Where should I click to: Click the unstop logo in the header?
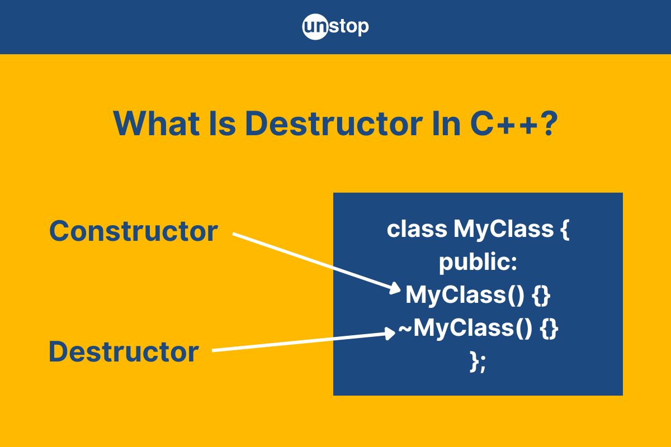coord(335,27)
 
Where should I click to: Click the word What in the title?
coord(156,123)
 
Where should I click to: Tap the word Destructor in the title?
coord(334,123)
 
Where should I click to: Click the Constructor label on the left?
coord(133,231)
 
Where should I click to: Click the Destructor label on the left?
coord(124,351)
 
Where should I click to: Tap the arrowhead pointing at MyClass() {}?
coord(395,288)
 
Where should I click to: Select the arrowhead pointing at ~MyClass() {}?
coord(390,333)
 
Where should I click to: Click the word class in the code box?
coord(417,229)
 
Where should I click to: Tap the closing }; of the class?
coord(478,362)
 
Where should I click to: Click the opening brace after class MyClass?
coord(564,229)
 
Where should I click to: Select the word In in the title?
coord(446,123)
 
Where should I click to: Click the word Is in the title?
coord(222,123)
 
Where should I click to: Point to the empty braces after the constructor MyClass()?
coord(541,296)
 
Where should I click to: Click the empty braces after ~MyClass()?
coord(549,329)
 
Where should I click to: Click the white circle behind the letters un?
coord(315,27)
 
